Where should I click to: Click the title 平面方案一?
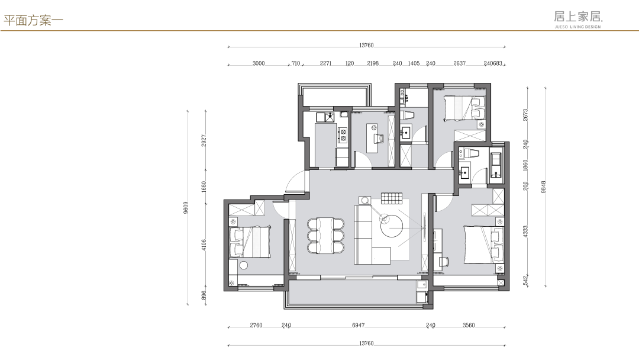33,20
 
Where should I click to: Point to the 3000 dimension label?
259,63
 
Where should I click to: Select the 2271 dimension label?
325,63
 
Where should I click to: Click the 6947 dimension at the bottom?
358,325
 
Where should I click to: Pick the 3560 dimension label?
469,325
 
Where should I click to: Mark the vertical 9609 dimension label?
186,207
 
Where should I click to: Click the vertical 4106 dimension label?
204,245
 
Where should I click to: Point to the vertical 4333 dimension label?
525,232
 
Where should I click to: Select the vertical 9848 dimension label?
543,187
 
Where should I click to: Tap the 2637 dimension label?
459,63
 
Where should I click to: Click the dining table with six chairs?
325,236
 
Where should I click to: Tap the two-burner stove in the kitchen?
343,135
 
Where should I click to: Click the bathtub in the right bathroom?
496,165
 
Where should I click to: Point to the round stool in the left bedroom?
244,265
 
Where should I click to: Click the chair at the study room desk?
379,139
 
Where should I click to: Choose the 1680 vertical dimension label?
204,187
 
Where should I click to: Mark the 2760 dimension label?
256,325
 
